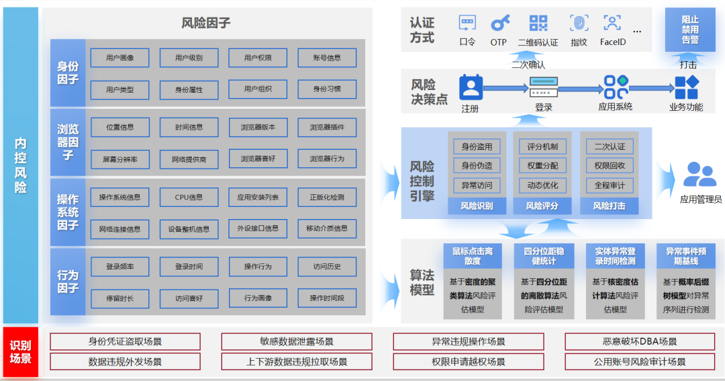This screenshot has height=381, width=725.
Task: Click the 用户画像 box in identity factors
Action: pyautogui.click(x=119, y=58)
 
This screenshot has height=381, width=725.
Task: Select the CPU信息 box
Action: pyautogui.click(x=189, y=198)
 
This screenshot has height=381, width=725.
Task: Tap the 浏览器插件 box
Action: pyautogui.click(x=327, y=127)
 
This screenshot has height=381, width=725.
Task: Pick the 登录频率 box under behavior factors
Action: pyautogui.click(x=119, y=267)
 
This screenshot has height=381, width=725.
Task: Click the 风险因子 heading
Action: pyautogui.click(x=206, y=24)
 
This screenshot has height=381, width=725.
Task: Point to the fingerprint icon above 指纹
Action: pyautogui.click(x=579, y=24)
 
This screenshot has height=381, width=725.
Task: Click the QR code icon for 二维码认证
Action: pyautogui.click(x=538, y=24)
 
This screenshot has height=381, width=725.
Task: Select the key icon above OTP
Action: pyautogui.click(x=499, y=24)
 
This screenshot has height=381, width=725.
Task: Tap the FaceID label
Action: pyautogui.click(x=612, y=42)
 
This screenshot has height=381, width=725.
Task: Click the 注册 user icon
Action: pyautogui.click(x=471, y=87)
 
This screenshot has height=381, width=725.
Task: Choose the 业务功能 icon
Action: pyautogui.click(x=686, y=87)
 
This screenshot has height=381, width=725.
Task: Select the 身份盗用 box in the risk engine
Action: pyautogui.click(x=477, y=146)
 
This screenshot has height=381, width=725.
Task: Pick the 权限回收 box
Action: pyautogui.click(x=610, y=165)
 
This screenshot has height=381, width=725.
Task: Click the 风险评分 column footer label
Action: pyautogui.click(x=542, y=206)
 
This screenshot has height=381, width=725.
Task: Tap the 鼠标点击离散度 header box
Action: pyautogui.click(x=472, y=255)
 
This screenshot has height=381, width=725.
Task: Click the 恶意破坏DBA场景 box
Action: pyautogui.click(x=640, y=342)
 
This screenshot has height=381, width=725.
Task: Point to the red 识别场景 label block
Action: pyautogui.click(x=20, y=351)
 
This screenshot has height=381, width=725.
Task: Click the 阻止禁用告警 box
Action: pyautogui.click(x=689, y=30)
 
